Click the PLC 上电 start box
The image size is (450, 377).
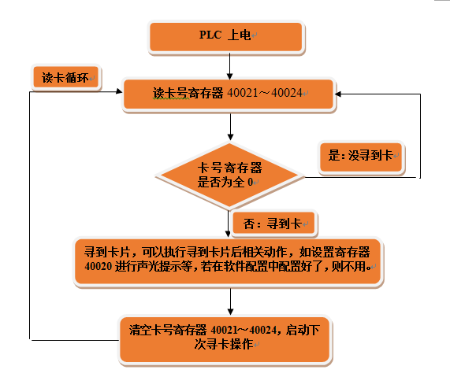coord(225,36)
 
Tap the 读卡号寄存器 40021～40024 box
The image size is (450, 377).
coord(229,94)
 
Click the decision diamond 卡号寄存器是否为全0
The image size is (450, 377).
coord(229,176)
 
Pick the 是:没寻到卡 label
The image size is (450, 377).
coord(361,156)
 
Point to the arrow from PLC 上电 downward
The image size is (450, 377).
coord(229,63)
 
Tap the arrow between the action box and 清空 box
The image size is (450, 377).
coord(229,300)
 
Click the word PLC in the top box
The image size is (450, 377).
coord(210,36)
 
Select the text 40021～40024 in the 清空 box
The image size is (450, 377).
coord(248,327)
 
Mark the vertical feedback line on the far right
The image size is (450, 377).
coord(420,134)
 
